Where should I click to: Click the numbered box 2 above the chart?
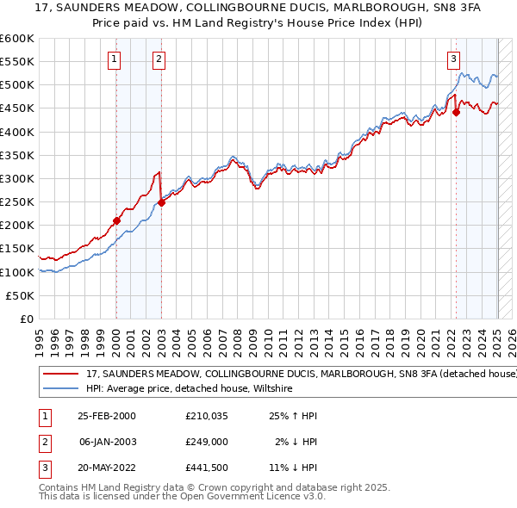click(x=159, y=59)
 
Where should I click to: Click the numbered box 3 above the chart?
click(x=454, y=59)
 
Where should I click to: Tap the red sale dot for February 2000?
click(x=116, y=220)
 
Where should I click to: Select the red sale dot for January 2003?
click(x=161, y=202)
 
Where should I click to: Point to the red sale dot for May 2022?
click(x=456, y=112)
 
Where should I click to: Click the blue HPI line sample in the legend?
click(x=61, y=389)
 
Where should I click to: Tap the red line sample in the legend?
click(x=61, y=375)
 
